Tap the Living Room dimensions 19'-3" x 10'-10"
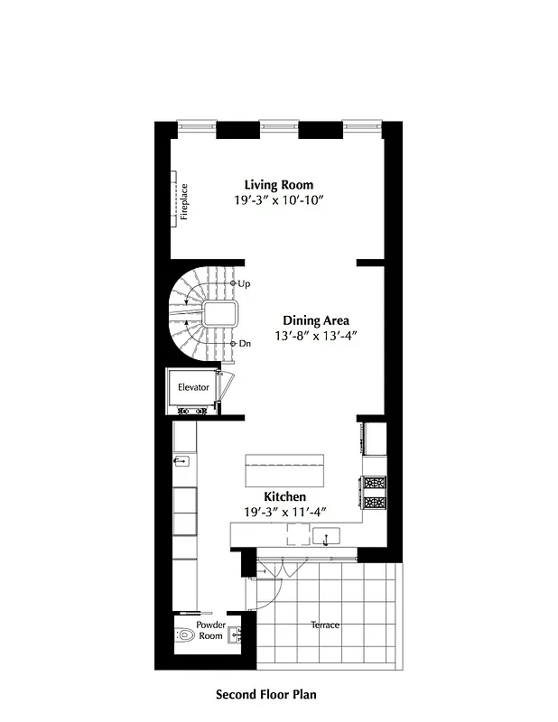[278, 200]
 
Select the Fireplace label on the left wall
[183, 202]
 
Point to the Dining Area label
[316, 320]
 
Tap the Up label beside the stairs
[244, 283]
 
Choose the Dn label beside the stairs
[244, 344]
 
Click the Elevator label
[193, 387]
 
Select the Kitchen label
[284, 497]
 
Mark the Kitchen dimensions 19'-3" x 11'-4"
[284, 512]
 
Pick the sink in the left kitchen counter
[181, 461]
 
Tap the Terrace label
[325, 625]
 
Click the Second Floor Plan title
[265, 695]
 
